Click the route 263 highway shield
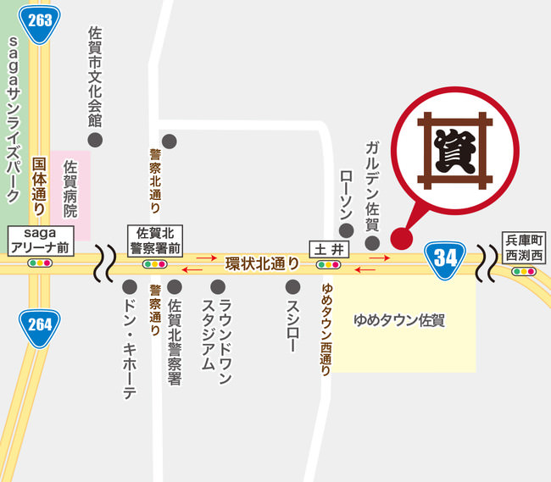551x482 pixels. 40,20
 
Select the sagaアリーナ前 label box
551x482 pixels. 41,240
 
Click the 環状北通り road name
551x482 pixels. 262,263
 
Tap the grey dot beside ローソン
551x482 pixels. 345,230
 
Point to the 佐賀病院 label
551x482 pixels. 70,189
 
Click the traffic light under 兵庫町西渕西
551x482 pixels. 525,271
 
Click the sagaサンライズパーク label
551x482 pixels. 13,119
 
